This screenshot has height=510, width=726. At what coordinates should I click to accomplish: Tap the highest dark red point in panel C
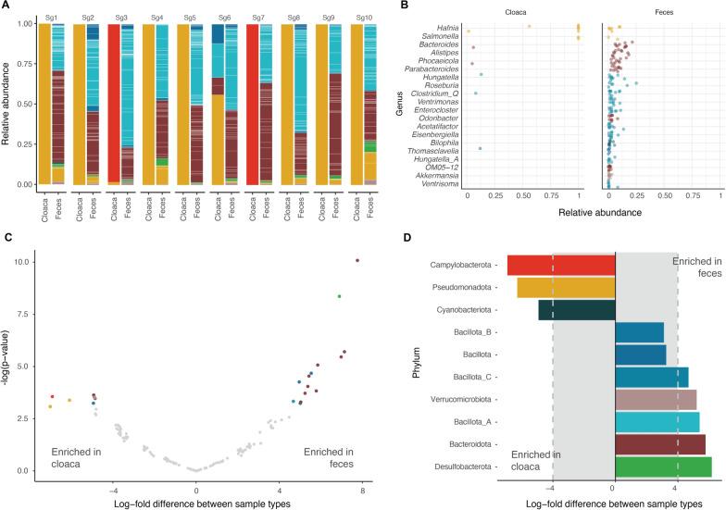(357, 260)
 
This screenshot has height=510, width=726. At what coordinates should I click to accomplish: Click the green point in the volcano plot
(340, 296)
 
